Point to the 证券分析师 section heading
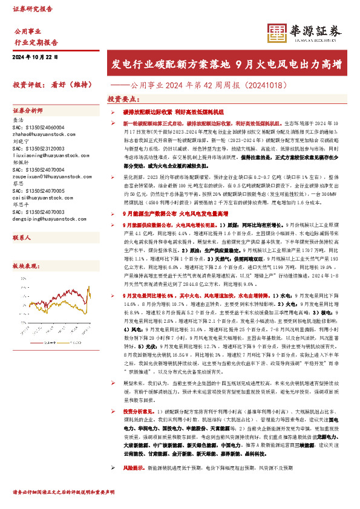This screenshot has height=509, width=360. pos(28,111)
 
